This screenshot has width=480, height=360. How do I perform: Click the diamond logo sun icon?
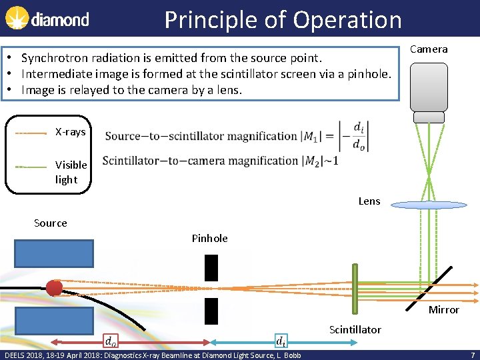click(17, 19)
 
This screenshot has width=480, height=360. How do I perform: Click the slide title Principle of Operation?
click(283, 19)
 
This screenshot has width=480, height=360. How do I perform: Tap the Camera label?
click(429, 49)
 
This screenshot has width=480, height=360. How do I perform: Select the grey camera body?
click(429, 87)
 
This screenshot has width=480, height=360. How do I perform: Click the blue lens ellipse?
click(429, 205)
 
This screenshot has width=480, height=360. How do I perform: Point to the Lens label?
click(369, 201)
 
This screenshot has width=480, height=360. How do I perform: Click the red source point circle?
click(54, 288)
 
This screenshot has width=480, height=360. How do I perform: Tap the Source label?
click(51, 223)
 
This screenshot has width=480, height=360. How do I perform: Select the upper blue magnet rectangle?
click(54, 253)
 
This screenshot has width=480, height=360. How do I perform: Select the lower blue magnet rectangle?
click(54, 321)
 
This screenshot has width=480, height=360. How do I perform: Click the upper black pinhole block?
click(211, 267)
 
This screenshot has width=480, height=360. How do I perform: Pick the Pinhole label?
click(209, 238)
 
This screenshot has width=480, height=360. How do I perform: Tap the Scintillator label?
click(355, 329)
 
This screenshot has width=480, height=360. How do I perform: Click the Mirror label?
click(444, 309)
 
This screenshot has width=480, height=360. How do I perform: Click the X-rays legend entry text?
click(70, 132)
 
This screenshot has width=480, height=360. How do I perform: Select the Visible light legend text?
click(71, 172)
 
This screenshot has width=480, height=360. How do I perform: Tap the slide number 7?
click(472, 355)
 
